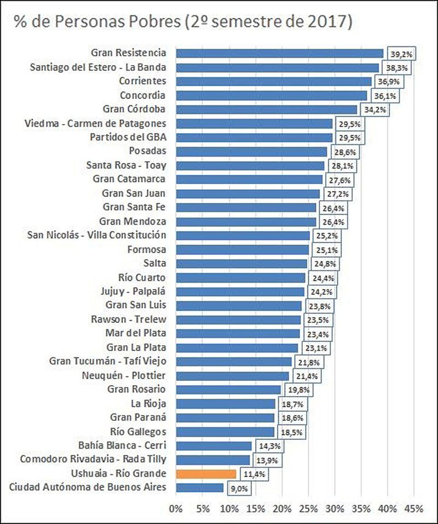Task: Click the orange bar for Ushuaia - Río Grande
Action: coord(206,473)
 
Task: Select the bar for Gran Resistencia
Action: coord(279,53)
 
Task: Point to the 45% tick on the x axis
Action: coord(413,509)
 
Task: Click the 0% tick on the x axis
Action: coord(176,509)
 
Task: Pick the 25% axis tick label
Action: coord(308,509)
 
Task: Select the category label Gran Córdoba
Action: coord(134,109)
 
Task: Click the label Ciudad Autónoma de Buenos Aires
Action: coord(88,487)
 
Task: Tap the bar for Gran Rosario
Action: coord(228,389)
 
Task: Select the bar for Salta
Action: coord(241,263)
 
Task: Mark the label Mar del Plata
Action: coord(136,333)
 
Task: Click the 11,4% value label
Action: coord(255,474)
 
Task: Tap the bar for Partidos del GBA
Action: coord(255,137)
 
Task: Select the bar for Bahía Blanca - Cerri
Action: coord(214,445)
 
